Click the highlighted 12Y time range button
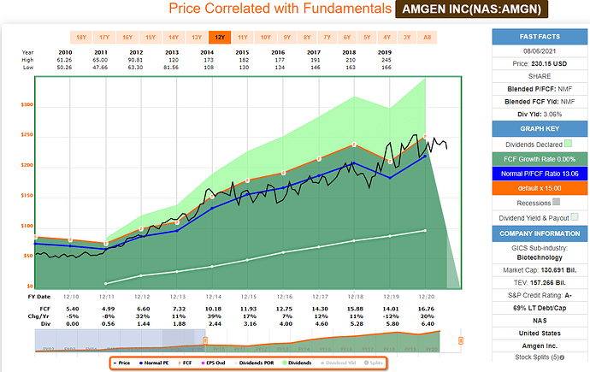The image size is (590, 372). click(x=221, y=38)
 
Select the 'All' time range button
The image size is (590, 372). click(x=428, y=38)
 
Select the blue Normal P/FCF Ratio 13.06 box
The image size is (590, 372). click(x=535, y=174)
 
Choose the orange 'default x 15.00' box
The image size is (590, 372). click(x=535, y=189)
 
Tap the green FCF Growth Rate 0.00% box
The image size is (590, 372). click(x=535, y=159)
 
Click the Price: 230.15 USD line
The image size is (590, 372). click(x=535, y=63)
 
